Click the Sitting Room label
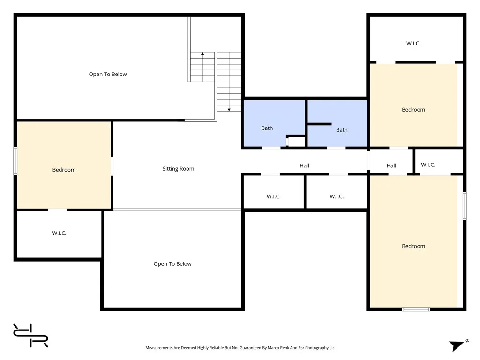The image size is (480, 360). click(x=178, y=169)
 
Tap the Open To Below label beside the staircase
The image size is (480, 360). click(x=108, y=74)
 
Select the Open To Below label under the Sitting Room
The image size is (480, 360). click(x=172, y=264)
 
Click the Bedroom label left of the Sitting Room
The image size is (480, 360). click(x=64, y=170)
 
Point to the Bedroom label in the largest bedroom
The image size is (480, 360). click(x=413, y=246)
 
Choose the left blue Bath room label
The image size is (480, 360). click(x=267, y=128)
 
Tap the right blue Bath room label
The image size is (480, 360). click(x=342, y=130)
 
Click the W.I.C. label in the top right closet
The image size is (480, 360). click(x=413, y=43)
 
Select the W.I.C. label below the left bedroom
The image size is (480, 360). click(x=59, y=233)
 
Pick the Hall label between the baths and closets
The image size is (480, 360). click(x=305, y=165)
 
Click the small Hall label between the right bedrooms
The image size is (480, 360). click(x=391, y=165)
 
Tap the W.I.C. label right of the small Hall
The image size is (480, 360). click(x=428, y=165)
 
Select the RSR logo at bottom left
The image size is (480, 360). click(x=30, y=336)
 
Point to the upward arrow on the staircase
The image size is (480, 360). click(x=202, y=55)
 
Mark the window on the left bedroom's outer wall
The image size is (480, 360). click(x=15, y=161)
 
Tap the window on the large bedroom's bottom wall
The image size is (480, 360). click(x=416, y=309)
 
